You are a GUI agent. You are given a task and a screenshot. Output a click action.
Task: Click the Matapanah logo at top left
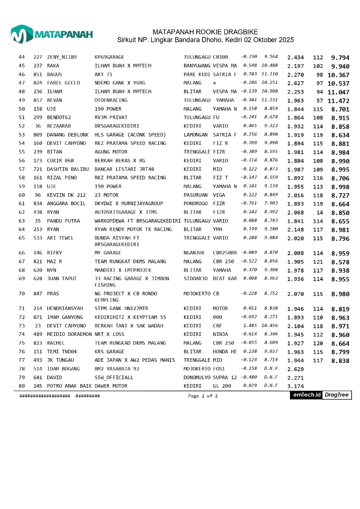click(x=51, y=34)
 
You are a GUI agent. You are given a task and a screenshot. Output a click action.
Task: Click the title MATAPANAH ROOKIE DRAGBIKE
click(x=205, y=32)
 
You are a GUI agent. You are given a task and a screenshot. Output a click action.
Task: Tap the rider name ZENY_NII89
click(x=62, y=57)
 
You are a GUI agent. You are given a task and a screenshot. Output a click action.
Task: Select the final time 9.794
click(x=340, y=58)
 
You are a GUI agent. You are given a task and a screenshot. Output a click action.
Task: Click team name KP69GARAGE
click(x=109, y=57)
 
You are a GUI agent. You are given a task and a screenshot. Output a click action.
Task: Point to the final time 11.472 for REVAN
click(x=338, y=101)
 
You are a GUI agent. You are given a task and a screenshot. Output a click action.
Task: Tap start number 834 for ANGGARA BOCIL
click(x=38, y=203)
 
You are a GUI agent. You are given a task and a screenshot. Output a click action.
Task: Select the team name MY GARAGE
click(x=108, y=253)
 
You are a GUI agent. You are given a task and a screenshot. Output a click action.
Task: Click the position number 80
click(x=22, y=386)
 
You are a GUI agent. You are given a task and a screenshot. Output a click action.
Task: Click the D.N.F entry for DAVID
click(x=271, y=377)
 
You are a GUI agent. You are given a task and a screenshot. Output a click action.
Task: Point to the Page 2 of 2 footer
click(x=203, y=396)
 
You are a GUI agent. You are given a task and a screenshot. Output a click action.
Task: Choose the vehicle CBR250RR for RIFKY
click(x=224, y=253)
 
